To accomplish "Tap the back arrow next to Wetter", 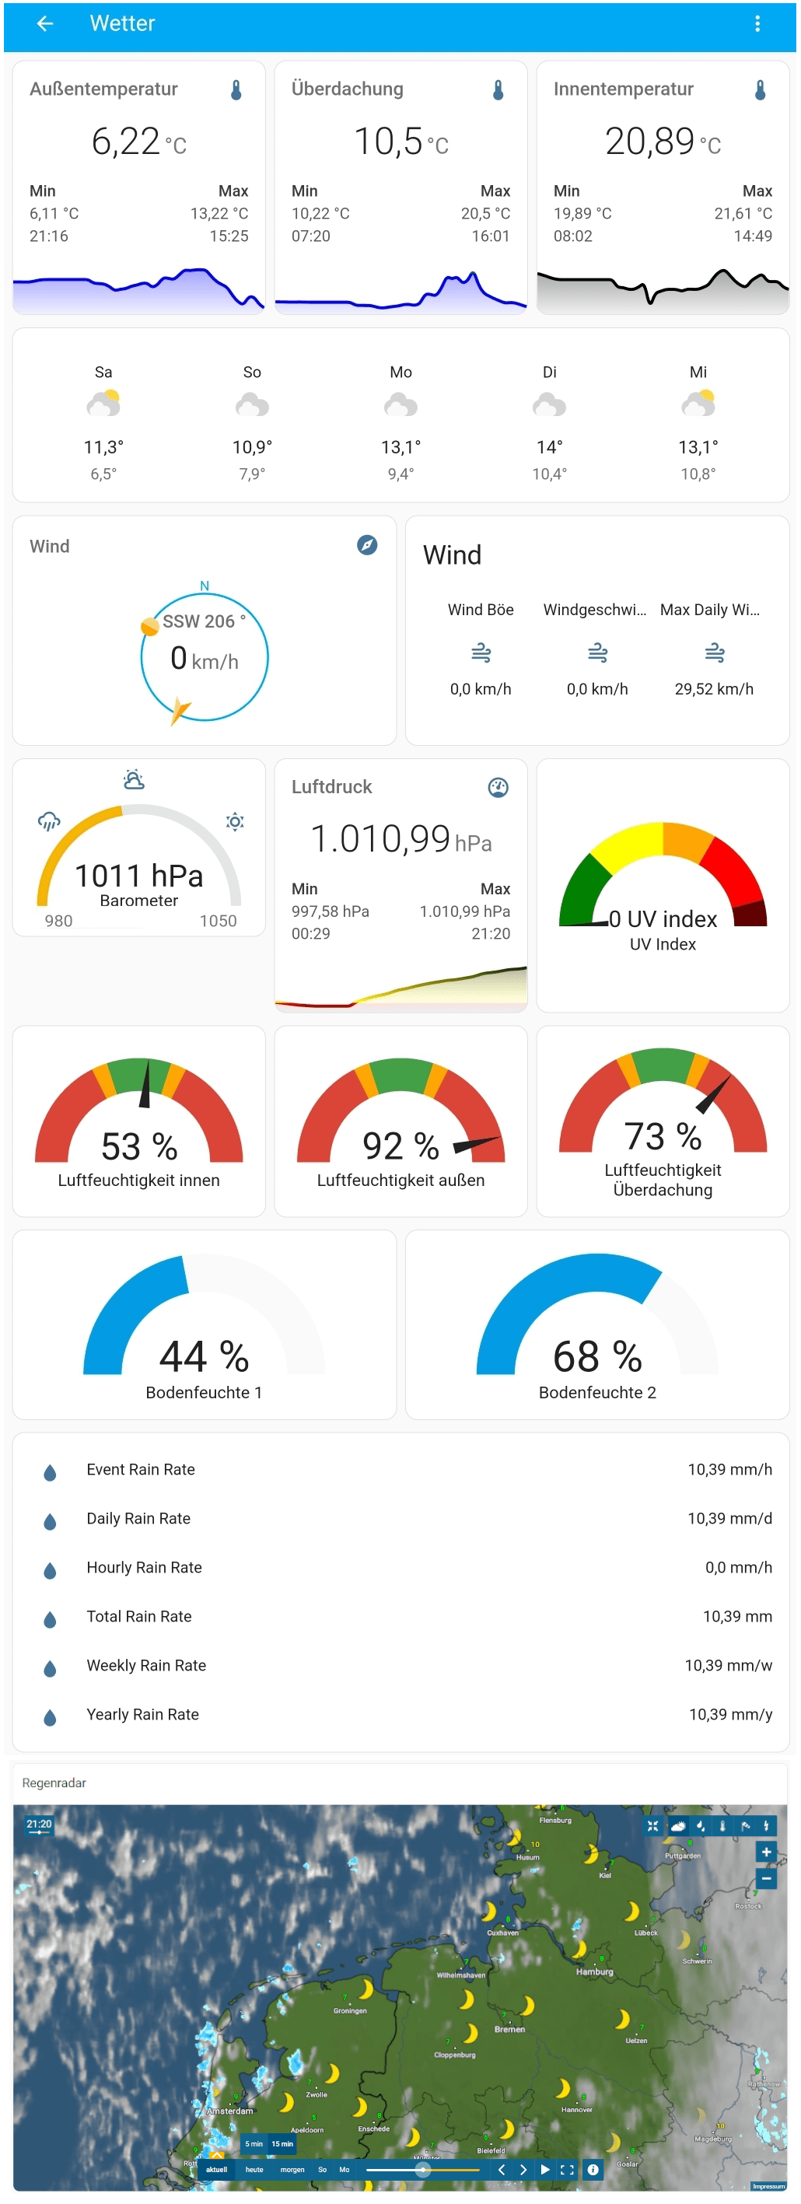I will coord(44,24).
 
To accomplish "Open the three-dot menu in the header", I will coord(757,24).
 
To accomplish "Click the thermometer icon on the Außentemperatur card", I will coord(236,90).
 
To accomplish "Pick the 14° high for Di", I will coord(548,447).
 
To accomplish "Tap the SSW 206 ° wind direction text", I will coord(204,622).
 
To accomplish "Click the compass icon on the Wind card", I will coord(366,545).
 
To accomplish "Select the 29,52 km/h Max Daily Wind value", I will coord(713,689).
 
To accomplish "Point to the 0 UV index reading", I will coord(663,919).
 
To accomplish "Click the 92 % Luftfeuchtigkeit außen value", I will coord(400,1146).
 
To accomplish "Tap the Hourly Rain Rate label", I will coord(144,1567).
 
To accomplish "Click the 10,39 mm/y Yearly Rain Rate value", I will coord(729,1715).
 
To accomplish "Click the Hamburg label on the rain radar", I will coord(594,1972).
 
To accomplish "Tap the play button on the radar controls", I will coord(544,2170).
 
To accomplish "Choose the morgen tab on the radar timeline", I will coord(292,2170).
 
